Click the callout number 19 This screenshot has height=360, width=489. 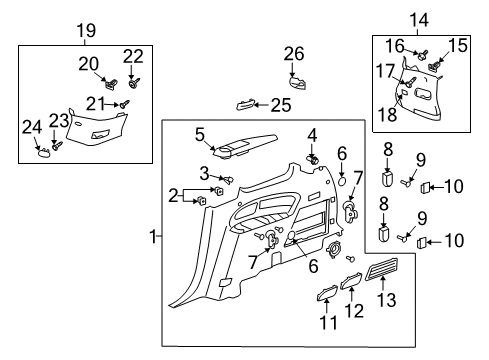click(x=84, y=29)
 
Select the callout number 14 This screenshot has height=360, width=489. click(x=419, y=18)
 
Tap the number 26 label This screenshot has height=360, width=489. click(x=293, y=53)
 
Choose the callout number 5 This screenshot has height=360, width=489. click(x=200, y=134)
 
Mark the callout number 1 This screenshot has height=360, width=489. click(x=154, y=237)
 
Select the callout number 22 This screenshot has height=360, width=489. click(x=133, y=55)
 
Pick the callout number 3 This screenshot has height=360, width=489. click(x=205, y=172)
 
